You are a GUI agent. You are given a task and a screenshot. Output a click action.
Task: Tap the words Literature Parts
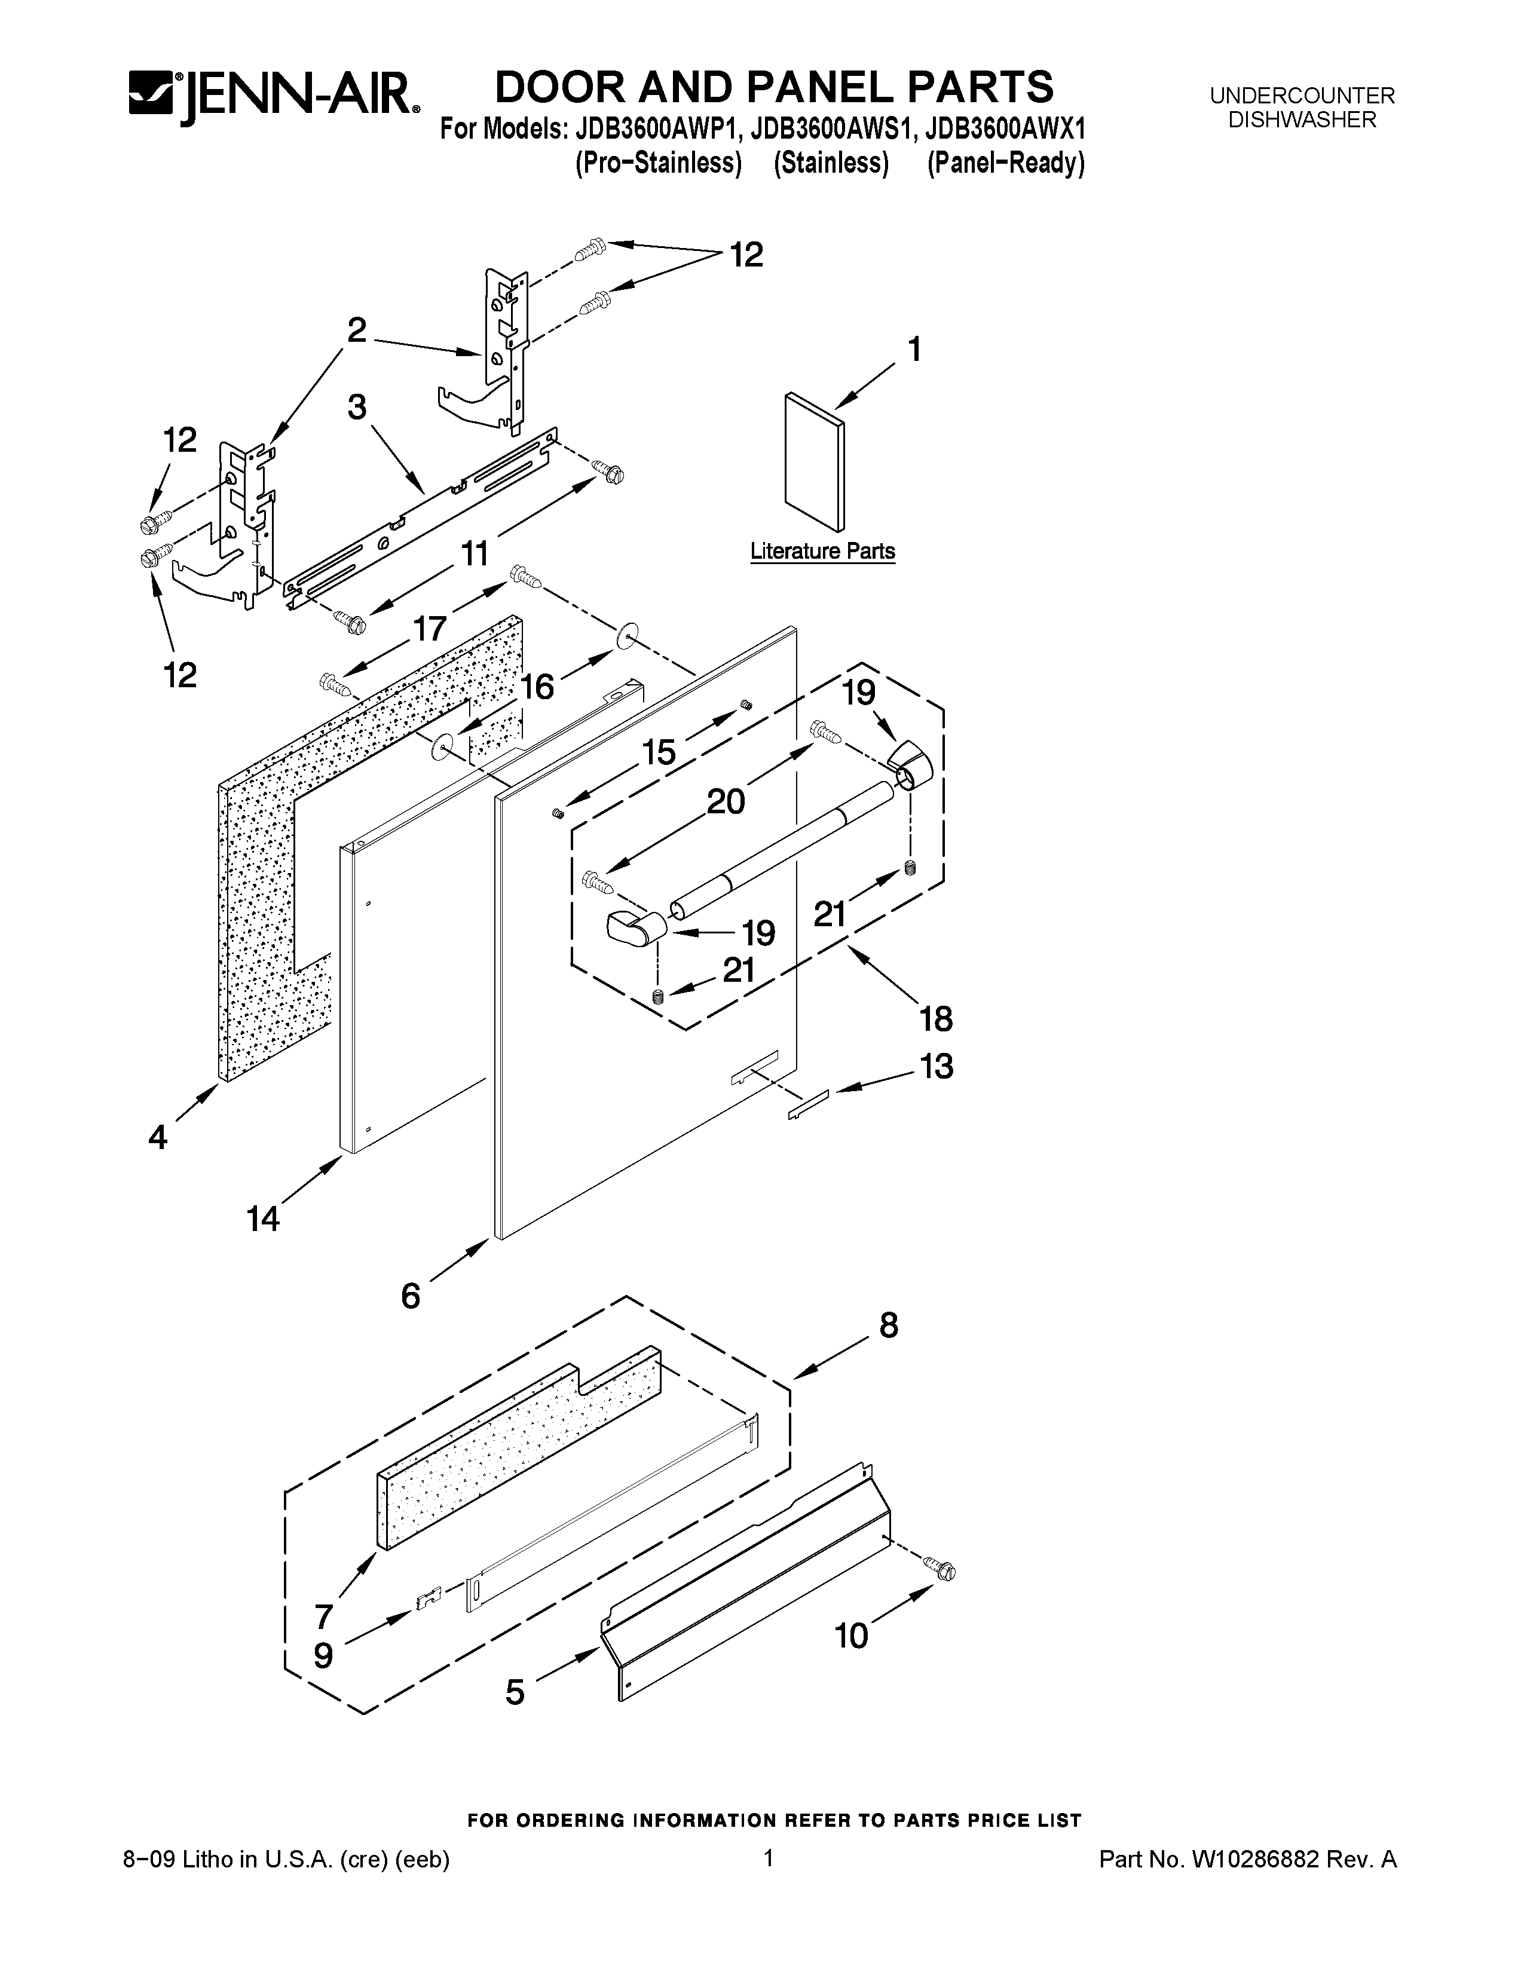pos(822,551)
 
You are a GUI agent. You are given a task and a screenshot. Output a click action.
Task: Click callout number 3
pos(357,407)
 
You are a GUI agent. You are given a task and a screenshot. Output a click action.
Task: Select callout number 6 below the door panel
pos(411,1297)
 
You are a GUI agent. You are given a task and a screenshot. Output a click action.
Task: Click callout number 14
pos(264,1219)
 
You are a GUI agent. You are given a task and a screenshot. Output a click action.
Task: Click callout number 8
pos(888,1325)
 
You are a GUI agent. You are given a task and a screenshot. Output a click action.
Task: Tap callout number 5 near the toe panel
pos(515,1691)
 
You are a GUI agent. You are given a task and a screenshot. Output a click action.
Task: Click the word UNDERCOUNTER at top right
pos(1302,96)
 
